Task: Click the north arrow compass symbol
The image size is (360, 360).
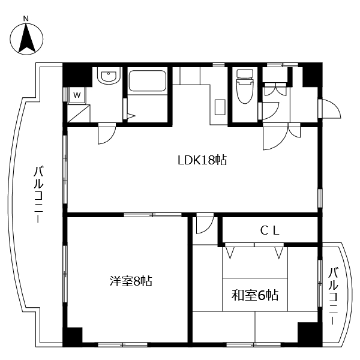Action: point(26,38)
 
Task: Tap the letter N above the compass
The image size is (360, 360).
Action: point(26,19)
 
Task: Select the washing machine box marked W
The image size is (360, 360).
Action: point(77,94)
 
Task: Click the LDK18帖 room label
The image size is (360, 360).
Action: point(202,160)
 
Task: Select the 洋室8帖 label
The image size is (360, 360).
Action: point(131,281)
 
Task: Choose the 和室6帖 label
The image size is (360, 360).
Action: point(255,295)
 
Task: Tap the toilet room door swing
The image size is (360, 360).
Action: point(269,112)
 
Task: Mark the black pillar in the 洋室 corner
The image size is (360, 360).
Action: point(73,337)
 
